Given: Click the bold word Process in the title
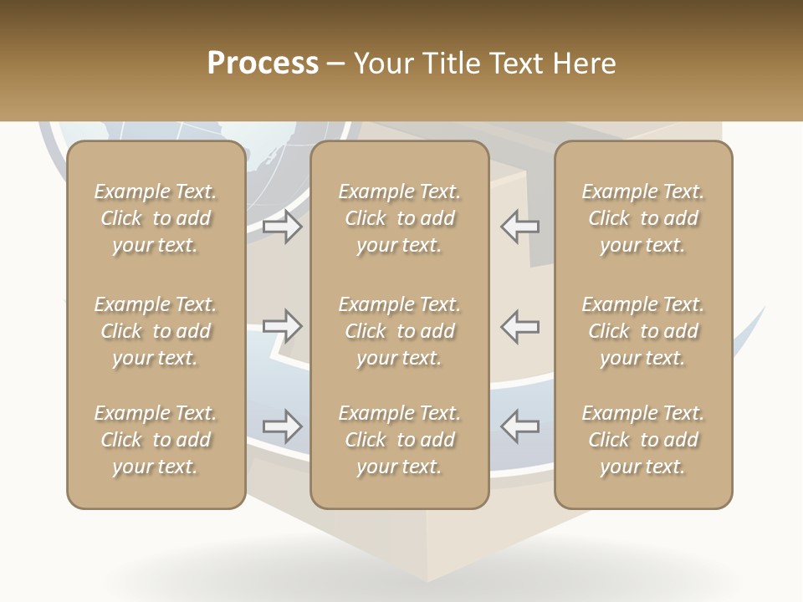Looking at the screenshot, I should [x=263, y=64].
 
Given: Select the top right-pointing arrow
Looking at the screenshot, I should [x=282, y=227].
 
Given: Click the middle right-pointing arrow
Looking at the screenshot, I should [x=282, y=326].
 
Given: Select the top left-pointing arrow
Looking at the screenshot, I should [x=519, y=227].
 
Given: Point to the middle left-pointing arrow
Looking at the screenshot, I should [x=519, y=326].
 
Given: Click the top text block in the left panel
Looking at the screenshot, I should [x=156, y=218].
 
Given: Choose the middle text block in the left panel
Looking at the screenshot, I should [x=156, y=331].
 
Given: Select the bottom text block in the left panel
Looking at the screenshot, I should [x=156, y=440].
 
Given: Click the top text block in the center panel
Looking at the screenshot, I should [x=399, y=218].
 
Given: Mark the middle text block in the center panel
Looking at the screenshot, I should [x=399, y=331].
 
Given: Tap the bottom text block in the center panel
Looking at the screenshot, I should [x=399, y=440].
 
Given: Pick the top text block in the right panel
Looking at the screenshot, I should [x=642, y=218].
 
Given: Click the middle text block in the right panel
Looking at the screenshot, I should [x=642, y=331].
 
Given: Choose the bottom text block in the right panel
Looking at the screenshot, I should [x=642, y=440].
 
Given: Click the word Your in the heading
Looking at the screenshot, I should [x=382, y=64].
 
